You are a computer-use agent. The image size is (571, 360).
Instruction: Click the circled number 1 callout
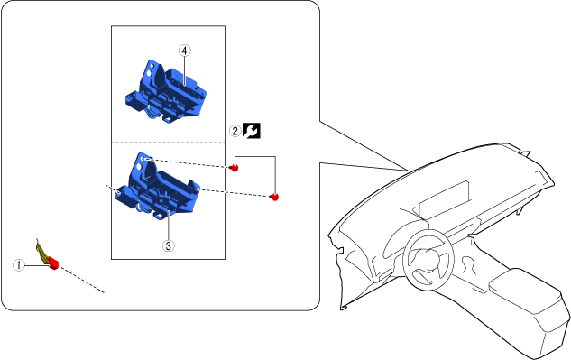[19, 265]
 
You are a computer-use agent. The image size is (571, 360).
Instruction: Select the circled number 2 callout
[235, 131]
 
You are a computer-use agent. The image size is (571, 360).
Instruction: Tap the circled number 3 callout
[169, 246]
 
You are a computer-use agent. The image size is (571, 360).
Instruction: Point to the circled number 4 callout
[185, 51]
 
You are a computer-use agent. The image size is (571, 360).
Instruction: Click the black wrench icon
[252, 131]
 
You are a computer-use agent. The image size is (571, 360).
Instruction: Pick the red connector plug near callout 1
[53, 263]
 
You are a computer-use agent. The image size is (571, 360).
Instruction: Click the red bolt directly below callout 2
[235, 169]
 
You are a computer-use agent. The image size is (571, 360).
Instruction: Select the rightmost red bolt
[274, 197]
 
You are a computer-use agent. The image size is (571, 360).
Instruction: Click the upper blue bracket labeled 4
[166, 92]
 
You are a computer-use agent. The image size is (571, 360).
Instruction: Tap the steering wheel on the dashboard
[428, 259]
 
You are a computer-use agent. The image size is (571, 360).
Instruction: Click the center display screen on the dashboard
[444, 198]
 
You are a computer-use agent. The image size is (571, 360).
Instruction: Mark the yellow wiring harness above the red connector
[41, 251]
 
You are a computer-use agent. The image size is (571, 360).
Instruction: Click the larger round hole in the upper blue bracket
[150, 74]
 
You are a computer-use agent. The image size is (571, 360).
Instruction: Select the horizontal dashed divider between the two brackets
[168, 143]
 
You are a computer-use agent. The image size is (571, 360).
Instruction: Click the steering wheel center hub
[428, 260]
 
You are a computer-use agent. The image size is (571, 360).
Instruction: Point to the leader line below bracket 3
[169, 226]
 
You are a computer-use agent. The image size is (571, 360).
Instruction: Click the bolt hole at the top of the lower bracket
[143, 159]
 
